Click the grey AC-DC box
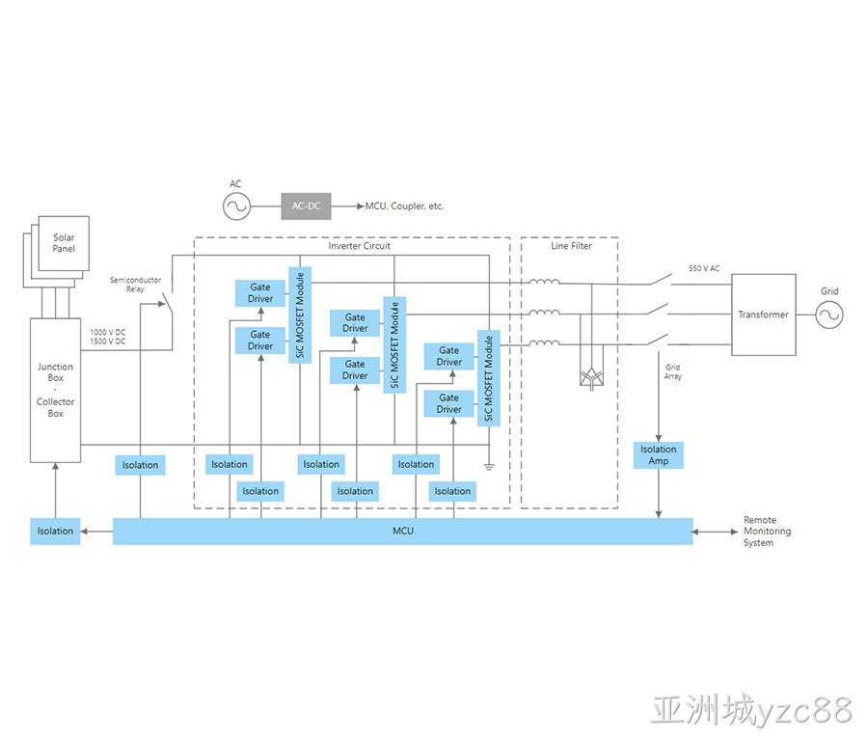coord(306,205)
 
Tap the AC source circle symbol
coord(237,206)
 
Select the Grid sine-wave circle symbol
coord(829,315)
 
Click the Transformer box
coord(764,315)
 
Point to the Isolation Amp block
coord(658,455)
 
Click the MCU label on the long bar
coord(403,531)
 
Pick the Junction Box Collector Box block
coord(55,391)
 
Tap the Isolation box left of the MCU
coord(55,531)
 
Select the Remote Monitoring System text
coord(767,532)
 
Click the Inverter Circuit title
coord(360,246)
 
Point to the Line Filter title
coord(571,246)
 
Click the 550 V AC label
coord(704,268)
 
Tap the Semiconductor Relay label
coord(136,284)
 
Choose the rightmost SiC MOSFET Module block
coord(489,378)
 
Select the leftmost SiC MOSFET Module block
coord(300,315)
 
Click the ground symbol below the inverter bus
coord(489,467)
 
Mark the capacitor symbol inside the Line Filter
coord(591,377)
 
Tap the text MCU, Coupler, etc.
coord(404,205)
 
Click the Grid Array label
coord(673,371)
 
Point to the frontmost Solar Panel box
coord(64,243)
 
